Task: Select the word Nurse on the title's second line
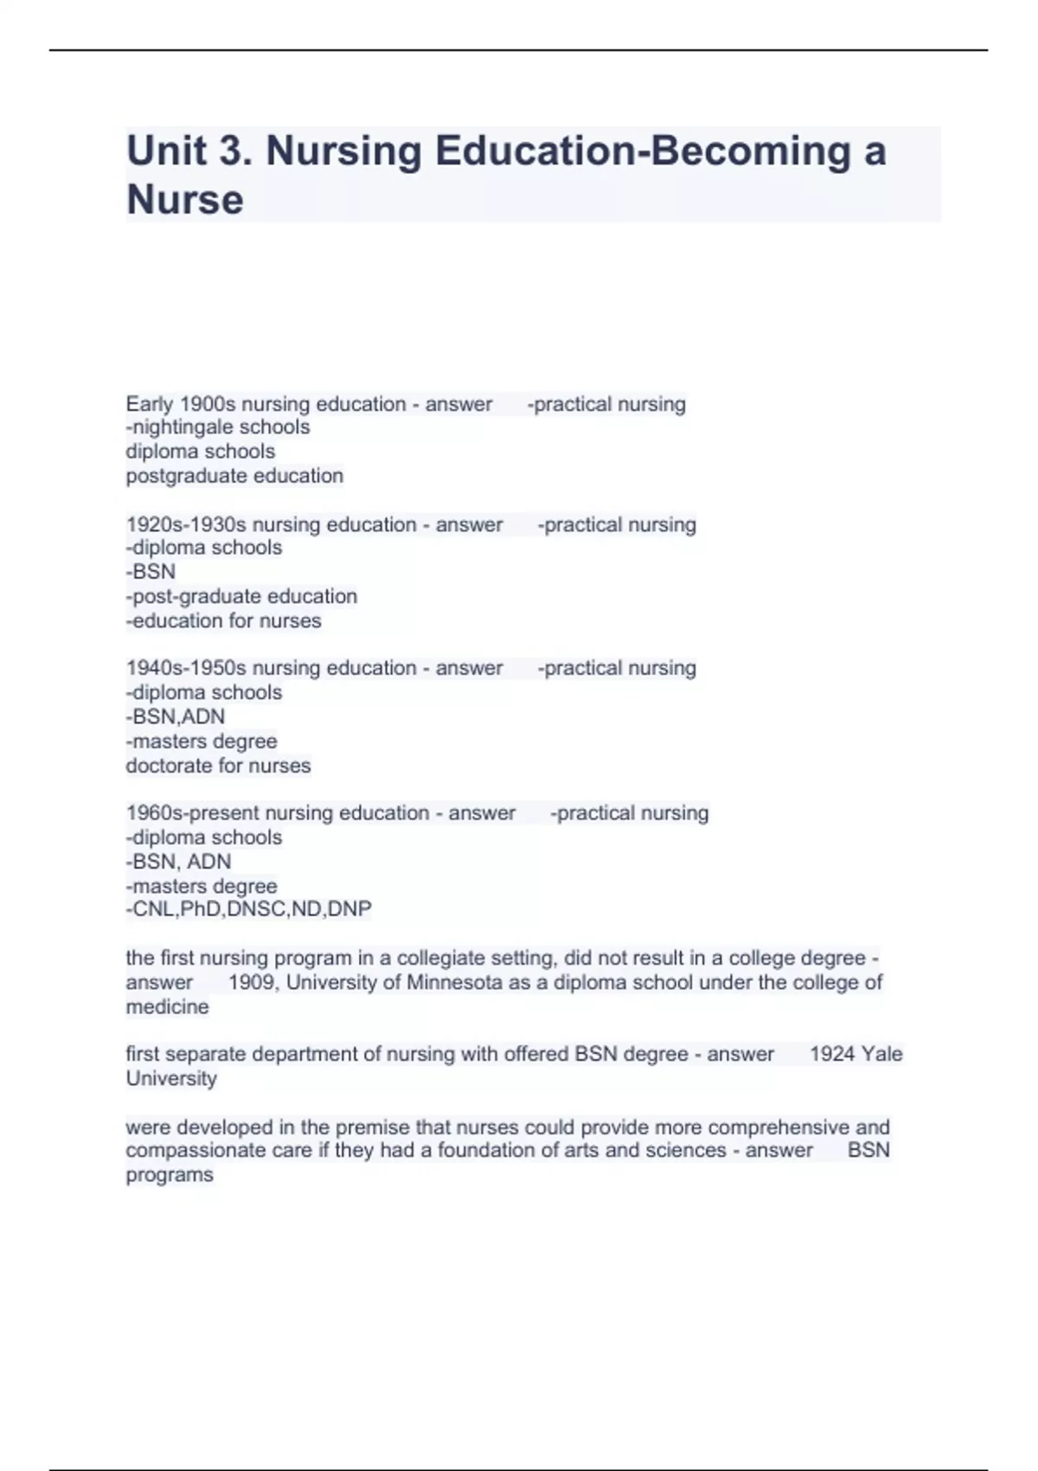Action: coord(185,200)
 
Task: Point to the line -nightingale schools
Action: coord(218,427)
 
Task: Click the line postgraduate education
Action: coord(234,476)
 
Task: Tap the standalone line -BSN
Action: coord(151,572)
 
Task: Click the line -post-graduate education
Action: coord(241,596)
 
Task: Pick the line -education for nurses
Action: coord(223,620)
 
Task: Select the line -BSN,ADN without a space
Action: coord(176,716)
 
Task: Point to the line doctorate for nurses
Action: coord(218,766)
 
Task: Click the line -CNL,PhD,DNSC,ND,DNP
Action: coord(249,909)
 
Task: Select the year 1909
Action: coord(252,983)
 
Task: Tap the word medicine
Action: coord(167,1007)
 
